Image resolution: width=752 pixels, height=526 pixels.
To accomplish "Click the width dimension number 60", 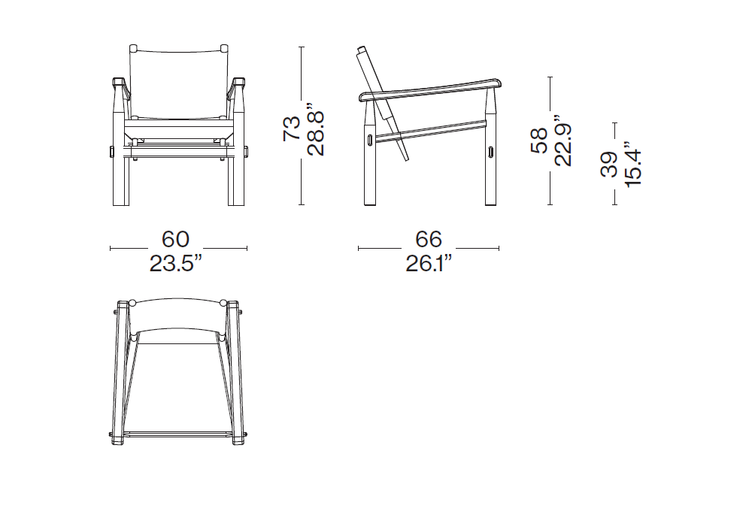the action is tap(175, 240).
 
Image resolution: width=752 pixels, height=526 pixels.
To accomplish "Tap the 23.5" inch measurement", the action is tap(175, 264).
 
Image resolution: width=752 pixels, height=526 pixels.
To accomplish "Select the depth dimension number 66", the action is tap(429, 240).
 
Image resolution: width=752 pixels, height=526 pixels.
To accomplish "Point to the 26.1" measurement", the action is tap(429, 264).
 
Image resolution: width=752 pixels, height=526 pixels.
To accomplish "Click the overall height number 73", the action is tap(292, 128).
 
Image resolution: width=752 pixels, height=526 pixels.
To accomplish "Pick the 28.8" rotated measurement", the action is tap(316, 128).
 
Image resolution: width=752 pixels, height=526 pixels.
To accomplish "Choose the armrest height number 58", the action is tap(539, 141).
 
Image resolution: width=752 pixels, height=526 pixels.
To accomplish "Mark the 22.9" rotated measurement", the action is tap(563, 141).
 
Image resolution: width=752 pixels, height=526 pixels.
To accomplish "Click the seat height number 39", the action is tap(609, 165).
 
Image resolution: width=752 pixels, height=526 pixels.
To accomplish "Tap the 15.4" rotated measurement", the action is tap(633, 164).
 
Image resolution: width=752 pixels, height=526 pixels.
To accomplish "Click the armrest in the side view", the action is tap(429, 89).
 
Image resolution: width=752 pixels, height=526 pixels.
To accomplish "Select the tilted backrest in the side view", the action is tap(384, 104).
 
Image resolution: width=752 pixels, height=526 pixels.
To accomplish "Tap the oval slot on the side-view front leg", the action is tap(491, 151).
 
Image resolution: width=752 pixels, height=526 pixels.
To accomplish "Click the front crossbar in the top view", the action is tap(178, 434).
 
